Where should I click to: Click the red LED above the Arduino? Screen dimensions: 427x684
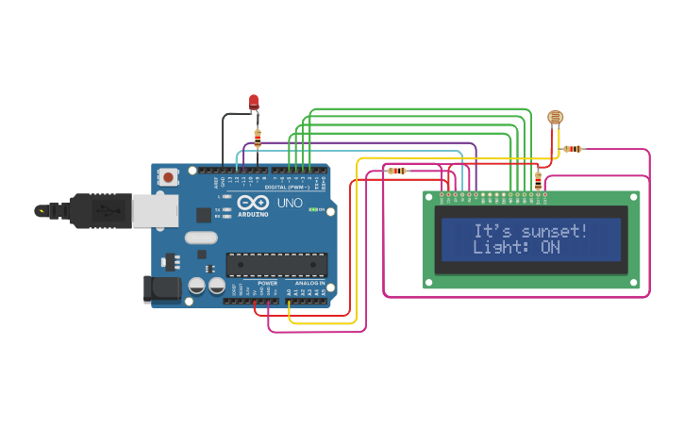tap(253, 101)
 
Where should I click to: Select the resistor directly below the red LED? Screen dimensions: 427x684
tap(258, 138)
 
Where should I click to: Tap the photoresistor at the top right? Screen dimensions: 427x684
tap(555, 117)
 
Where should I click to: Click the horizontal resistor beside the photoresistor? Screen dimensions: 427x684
tap(573, 149)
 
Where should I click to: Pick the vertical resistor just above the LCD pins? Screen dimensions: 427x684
tap(538, 179)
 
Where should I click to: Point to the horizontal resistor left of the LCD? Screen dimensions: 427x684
tap(397, 171)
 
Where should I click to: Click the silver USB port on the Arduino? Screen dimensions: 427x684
tap(154, 210)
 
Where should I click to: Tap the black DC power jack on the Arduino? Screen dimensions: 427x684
tap(161, 288)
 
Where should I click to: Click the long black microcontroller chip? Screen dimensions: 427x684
tap(276, 266)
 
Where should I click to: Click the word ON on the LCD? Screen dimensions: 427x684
tap(550, 248)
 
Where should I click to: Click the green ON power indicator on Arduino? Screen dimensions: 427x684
tap(312, 209)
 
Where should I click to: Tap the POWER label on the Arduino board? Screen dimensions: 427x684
tap(267, 282)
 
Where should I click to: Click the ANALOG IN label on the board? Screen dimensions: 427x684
tap(309, 282)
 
